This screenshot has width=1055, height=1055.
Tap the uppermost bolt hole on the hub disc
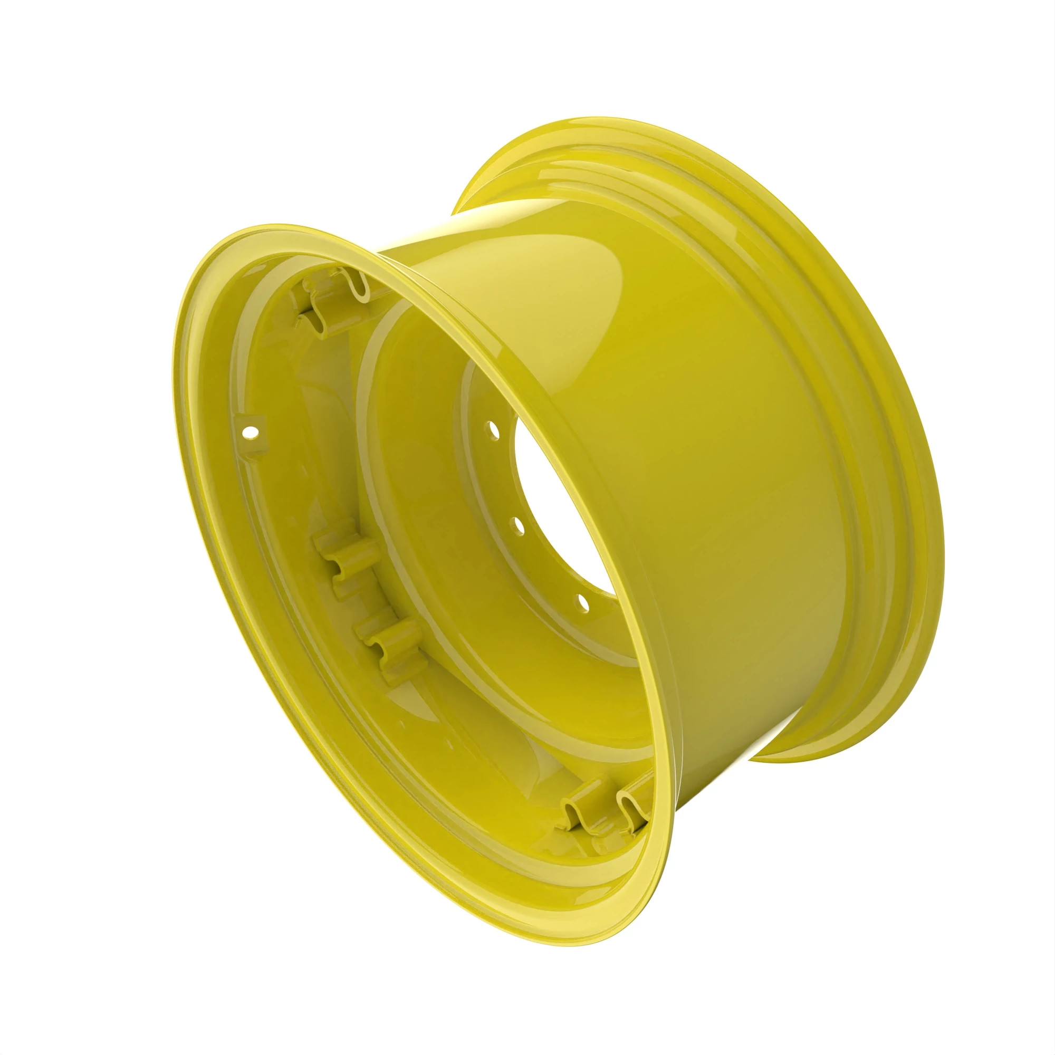(x=493, y=430)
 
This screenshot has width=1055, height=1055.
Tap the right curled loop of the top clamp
(x=358, y=284)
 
